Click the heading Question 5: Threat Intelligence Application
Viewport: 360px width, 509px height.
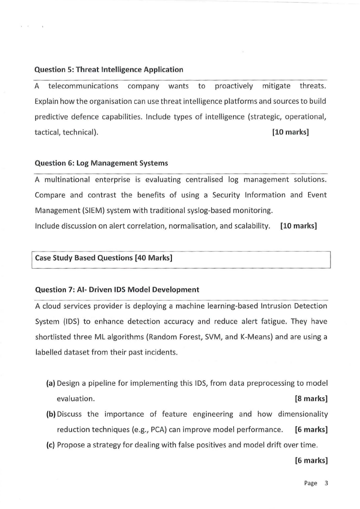coord(109,70)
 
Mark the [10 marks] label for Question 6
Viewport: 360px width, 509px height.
coord(298,226)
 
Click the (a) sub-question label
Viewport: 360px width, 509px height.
coord(51,383)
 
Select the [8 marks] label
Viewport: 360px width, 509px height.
coord(311,399)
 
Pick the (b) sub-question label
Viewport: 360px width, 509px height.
coord(51,414)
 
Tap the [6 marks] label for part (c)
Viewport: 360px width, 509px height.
coord(311,461)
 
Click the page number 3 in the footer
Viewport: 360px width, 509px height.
coord(326,483)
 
